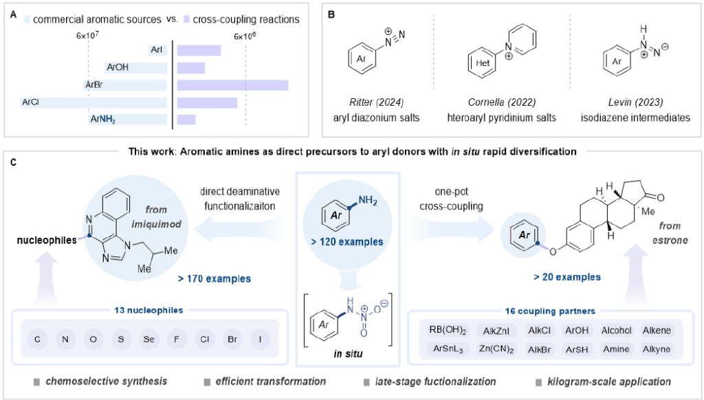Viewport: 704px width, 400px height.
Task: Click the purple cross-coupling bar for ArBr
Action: [232, 85]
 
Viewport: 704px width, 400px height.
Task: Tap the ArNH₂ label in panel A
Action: [102, 120]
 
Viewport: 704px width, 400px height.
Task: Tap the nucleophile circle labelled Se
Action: [147, 340]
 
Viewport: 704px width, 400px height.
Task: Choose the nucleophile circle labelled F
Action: [173, 340]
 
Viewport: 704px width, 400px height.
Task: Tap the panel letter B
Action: [331, 14]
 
